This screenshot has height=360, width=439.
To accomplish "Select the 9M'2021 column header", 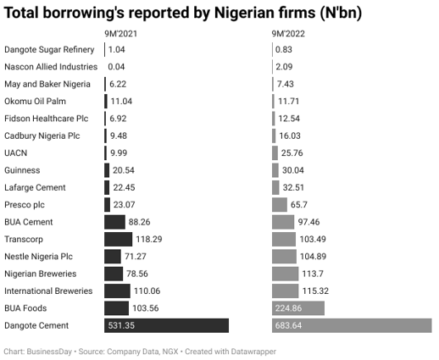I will [119, 34].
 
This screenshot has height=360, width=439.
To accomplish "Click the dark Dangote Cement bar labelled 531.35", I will [166, 325].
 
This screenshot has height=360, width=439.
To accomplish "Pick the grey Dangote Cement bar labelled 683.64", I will [351, 325].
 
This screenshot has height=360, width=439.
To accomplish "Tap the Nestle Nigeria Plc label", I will [39, 257].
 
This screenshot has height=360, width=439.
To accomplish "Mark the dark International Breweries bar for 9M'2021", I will [117, 291].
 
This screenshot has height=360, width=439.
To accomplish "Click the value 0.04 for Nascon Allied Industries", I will [116, 67].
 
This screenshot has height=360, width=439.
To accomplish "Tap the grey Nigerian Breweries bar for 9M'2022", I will [285, 274].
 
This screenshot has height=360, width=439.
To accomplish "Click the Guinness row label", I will [23, 170].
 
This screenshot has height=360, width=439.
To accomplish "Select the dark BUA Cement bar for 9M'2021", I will [114, 222].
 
